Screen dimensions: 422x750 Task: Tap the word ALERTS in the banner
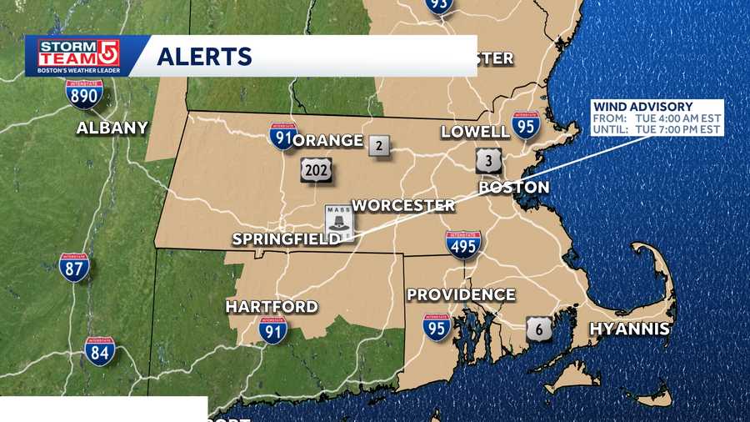pyautogui.click(x=204, y=56)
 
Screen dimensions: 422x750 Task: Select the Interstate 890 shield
pyautogui.click(x=85, y=93)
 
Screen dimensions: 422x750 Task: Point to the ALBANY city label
pyautogui.click(x=112, y=128)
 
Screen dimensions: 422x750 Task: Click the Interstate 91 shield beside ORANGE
pyautogui.click(x=282, y=137)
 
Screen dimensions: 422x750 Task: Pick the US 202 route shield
pyautogui.click(x=317, y=169)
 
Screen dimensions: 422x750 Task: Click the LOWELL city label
pyautogui.click(x=475, y=132)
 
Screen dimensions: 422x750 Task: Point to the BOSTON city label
pyautogui.click(x=513, y=188)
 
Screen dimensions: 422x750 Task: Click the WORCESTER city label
pyautogui.click(x=403, y=205)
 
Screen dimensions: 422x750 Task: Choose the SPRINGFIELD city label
pyautogui.click(x=285, y=239)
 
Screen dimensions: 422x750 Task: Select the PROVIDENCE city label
pyautogui.click(x=460, y=295)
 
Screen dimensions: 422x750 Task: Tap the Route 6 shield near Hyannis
pyautogui.click(x=539, y=329)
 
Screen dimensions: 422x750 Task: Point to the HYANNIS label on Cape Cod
pyautogui.click(x=629, y=329)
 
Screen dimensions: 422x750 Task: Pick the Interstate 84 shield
pyautogui.click(x=100, y=350)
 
